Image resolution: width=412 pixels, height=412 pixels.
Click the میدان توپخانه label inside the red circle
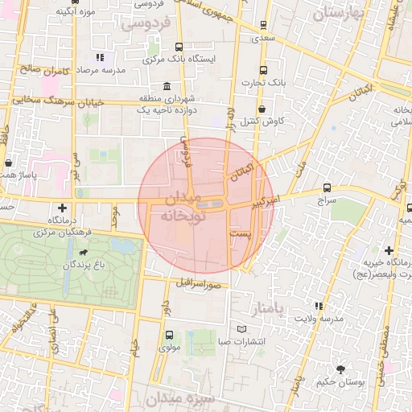[x=184, y=208]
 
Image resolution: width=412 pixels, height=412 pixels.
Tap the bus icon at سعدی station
[x=264, y=25]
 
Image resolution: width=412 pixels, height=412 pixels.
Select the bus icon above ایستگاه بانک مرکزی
[x=178, y=47]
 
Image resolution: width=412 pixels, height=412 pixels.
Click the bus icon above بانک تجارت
[x=264, y=69]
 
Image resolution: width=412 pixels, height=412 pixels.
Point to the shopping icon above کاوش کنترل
[x=262, y=109]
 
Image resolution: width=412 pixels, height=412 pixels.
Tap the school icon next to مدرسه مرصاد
[x=100, y=57]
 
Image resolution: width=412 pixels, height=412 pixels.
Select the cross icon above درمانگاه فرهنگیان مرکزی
[x=62, y=208]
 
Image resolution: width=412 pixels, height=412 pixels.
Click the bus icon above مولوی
[x=168, y=335]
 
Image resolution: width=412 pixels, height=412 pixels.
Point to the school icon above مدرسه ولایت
[x=319, y=306]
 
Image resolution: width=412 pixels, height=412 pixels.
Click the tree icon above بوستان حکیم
[x=343, y=369]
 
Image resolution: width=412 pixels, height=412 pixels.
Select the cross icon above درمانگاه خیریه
[x=389, y=251]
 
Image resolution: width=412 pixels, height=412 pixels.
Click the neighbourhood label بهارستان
[x=339, y=14]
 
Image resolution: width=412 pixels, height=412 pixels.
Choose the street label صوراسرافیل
[x=194, y=283]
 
